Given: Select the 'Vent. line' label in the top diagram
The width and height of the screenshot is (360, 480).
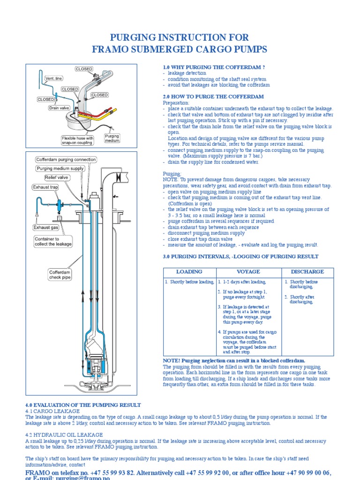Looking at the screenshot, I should [52, 78].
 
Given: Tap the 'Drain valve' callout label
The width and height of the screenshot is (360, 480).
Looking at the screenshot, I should [59, 108].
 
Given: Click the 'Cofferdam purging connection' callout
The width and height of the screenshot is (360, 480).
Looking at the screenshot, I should [66, 159].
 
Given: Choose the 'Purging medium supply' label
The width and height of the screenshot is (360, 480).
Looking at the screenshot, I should [60, 168].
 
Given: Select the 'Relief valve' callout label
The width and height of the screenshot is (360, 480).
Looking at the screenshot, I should [56, 178].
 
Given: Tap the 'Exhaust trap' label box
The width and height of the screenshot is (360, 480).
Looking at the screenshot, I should [45, 187].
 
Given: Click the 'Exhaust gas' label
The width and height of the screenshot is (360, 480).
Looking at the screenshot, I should [45, 227].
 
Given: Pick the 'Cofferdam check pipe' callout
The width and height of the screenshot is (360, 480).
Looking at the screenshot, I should [60, 274].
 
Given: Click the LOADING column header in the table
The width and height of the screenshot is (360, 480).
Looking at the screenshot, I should [189, 272].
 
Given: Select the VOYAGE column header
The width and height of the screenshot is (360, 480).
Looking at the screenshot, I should [248, 272].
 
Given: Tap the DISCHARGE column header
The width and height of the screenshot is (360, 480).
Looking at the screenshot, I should [307, 272].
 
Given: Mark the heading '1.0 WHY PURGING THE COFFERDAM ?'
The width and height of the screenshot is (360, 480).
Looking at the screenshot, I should [214, 67].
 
